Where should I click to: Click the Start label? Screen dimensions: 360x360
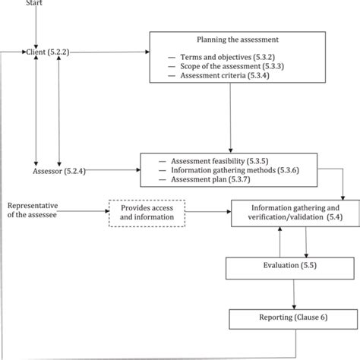click(x=34, y=2)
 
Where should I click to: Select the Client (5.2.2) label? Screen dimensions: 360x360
click(x=48, y=52)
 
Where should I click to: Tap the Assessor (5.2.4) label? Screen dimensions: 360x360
click(x=59, y=171)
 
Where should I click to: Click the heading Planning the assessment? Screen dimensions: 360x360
click(x=238, y=39)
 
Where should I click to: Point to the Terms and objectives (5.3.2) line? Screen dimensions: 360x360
click(x=227, y=58)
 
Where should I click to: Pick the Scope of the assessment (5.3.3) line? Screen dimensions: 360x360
click(x=232, y=67)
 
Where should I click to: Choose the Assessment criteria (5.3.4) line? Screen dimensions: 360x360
click(x=225, y=76)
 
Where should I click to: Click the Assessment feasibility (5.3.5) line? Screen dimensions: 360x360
click(x=219, y=161)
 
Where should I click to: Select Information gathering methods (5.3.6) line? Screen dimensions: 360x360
click(x=235, y=170)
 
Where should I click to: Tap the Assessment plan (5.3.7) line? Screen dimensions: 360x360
click(x=210, y=179)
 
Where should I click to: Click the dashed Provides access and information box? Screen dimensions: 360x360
click(x=147, y=213)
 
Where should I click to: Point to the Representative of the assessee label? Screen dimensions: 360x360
click(x=33, y=210)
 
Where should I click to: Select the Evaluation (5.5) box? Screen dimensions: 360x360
click(x=290, y=268)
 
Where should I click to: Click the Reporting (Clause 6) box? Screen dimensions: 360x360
click(x=293, y=319)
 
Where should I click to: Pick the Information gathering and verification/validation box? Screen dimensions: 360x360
click(x=295, y=213)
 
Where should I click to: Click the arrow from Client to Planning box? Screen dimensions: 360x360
click(x=109, y=52)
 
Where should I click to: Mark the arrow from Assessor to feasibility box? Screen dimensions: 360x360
click(x=113, y=170)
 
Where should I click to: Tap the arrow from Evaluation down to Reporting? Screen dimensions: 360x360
click(x=294, y=294)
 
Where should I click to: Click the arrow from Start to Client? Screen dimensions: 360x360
click(x=36, y=27)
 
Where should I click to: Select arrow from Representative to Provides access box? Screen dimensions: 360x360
click(x=84, y=211)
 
